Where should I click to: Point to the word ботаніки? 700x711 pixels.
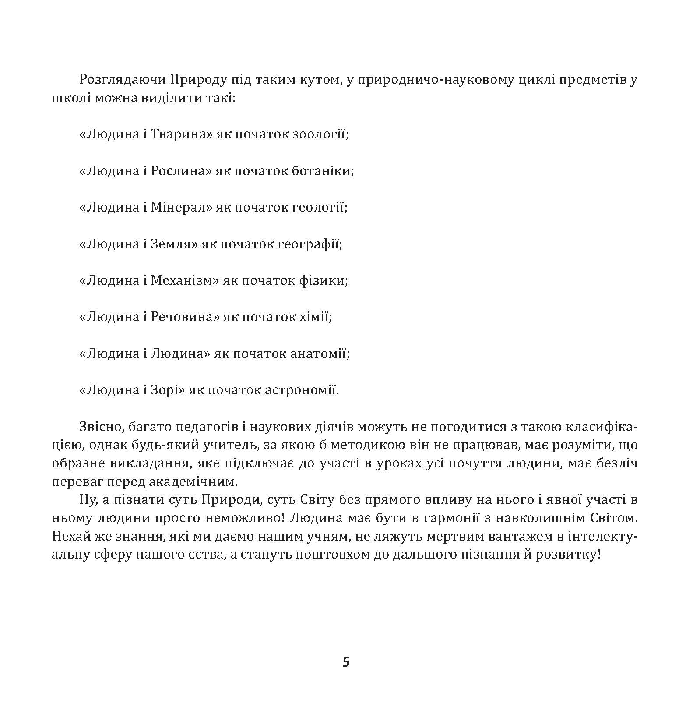pyautogui.click(x=322, y=171)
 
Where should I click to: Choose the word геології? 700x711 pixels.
pyautogui.click(x=319, y=207)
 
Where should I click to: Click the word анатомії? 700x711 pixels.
pyautogui.click(x=320, y=354)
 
